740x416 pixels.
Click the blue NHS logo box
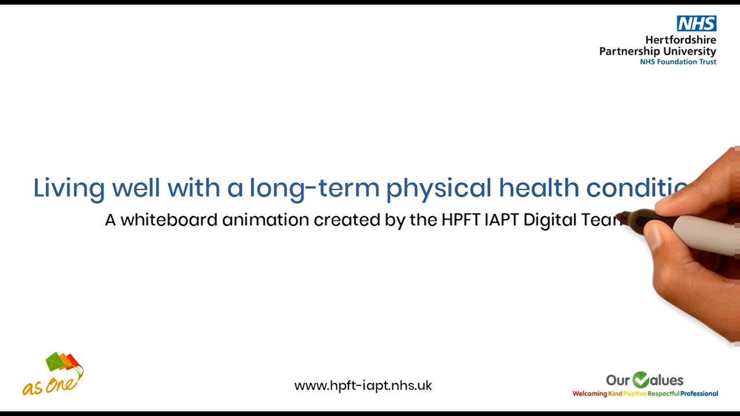click(x=696, y=24)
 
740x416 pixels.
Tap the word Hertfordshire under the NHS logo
click(x=680, y=40)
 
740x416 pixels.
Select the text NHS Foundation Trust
click(x=678, y=62)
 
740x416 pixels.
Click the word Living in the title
click(x=69, y=188)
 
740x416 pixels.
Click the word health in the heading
click(x=539, y=188)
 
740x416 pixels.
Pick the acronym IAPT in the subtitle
click(x=501, y=220)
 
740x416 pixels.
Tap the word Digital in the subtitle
click(x=549, y=221)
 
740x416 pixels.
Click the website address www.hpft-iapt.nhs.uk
click(x=363, y=386)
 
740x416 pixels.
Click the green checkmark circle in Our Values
click(x=641, y=380)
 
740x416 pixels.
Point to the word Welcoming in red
click(x=589, y=394)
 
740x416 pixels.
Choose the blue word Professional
click(x=699, y=394)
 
